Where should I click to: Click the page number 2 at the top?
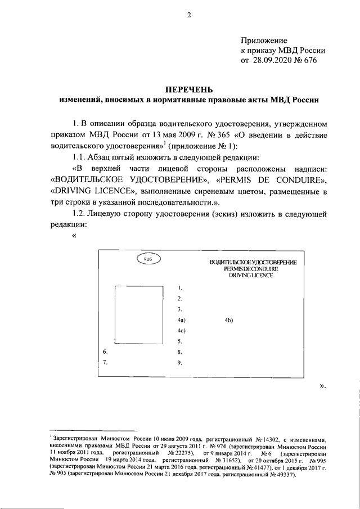pyautogui.click(x=190, y=15)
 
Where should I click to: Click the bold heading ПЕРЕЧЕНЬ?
pyautogui.click(x=188, y=89)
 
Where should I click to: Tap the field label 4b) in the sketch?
pyautogui.click(x=228, y=320)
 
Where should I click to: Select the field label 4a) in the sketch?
pyautogui.click(x=181, y=320)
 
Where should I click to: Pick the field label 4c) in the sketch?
pyautogui.click(x=181, y=330)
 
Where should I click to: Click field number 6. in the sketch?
pyautogui.click(x=105, y=352)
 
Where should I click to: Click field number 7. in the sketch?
pyautogui.click(x=105, y=362)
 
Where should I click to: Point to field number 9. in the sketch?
pyautogui.click(x=179, y=362)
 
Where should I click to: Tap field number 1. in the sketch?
pyautogui.click(x=179, y=288)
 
